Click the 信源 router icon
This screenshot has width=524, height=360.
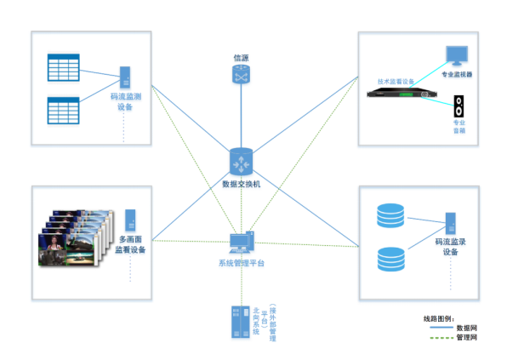(x=241, y=75)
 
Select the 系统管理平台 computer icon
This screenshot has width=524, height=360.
(x=241, y=243)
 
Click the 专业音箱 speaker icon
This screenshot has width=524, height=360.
(x=458, y=105)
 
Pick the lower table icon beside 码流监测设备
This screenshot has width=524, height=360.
(x=63, y=108)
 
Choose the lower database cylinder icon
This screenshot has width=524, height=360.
(x=390, y=259)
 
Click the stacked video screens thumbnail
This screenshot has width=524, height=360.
(x=75, y=240)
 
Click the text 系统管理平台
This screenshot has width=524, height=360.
(x=241, y=263)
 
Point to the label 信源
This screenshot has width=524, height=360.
(x=241, y=58)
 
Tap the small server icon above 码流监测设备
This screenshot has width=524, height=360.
(x=126, y=77)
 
